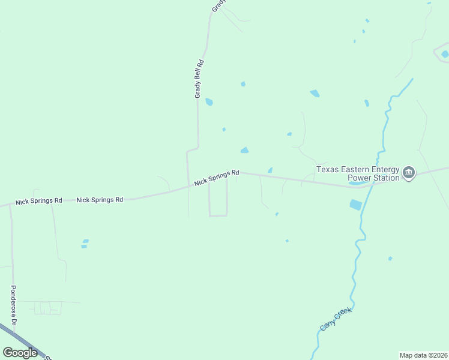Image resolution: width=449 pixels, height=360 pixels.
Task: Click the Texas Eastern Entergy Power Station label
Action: [x=358, y=173]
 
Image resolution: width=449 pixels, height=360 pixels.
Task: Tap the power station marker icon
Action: [x=409, y=173]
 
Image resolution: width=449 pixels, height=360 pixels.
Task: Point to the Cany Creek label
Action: [x=335, y=317]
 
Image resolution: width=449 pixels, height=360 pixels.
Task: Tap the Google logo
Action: [x=20, y=353]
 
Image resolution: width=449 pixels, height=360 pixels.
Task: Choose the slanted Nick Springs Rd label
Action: [x=217, y=177]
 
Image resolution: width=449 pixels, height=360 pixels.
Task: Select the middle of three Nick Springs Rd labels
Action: [x=100, y=199]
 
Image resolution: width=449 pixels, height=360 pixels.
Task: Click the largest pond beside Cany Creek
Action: [x=356, y=205]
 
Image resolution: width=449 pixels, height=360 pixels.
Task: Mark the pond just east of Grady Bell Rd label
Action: [x=209, y=102]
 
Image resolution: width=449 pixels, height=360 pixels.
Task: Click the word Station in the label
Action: [x=387, y=178]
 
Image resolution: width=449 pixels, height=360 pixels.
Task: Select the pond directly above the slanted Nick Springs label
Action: [x=244, y=150]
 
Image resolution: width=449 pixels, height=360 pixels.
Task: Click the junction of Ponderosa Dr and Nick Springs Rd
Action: [x=10, y=205]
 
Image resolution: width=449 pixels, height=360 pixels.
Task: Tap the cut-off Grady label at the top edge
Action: [x=218, y=5]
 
